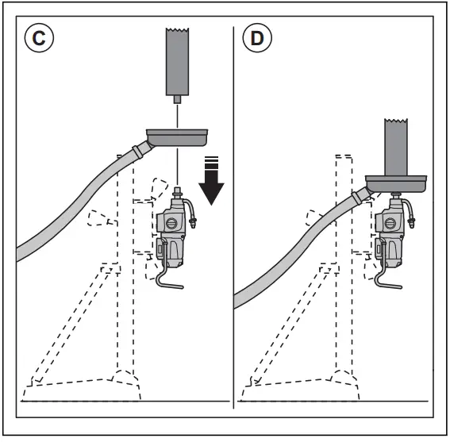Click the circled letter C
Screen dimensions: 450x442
(39, 38)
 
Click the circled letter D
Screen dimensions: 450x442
(257, 38)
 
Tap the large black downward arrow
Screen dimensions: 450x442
(212, 180)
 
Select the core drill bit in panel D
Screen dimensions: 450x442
(396, 147)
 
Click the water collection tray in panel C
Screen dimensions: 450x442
(177, 137)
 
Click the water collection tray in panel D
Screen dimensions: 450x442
(396, 183)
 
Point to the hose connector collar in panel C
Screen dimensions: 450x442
(137, 152)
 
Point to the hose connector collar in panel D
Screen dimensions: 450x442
(356, 198)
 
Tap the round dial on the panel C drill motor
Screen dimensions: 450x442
(171, 223)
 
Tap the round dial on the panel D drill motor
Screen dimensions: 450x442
(390, 223)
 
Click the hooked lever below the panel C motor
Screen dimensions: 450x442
(165, 275)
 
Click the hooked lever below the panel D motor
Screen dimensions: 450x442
(383, 275)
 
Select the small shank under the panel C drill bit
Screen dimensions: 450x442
(177, 99)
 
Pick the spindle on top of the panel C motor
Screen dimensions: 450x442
(177, 192)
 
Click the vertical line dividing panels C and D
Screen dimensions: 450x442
(233, 217)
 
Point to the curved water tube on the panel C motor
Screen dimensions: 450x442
(190, 212)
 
